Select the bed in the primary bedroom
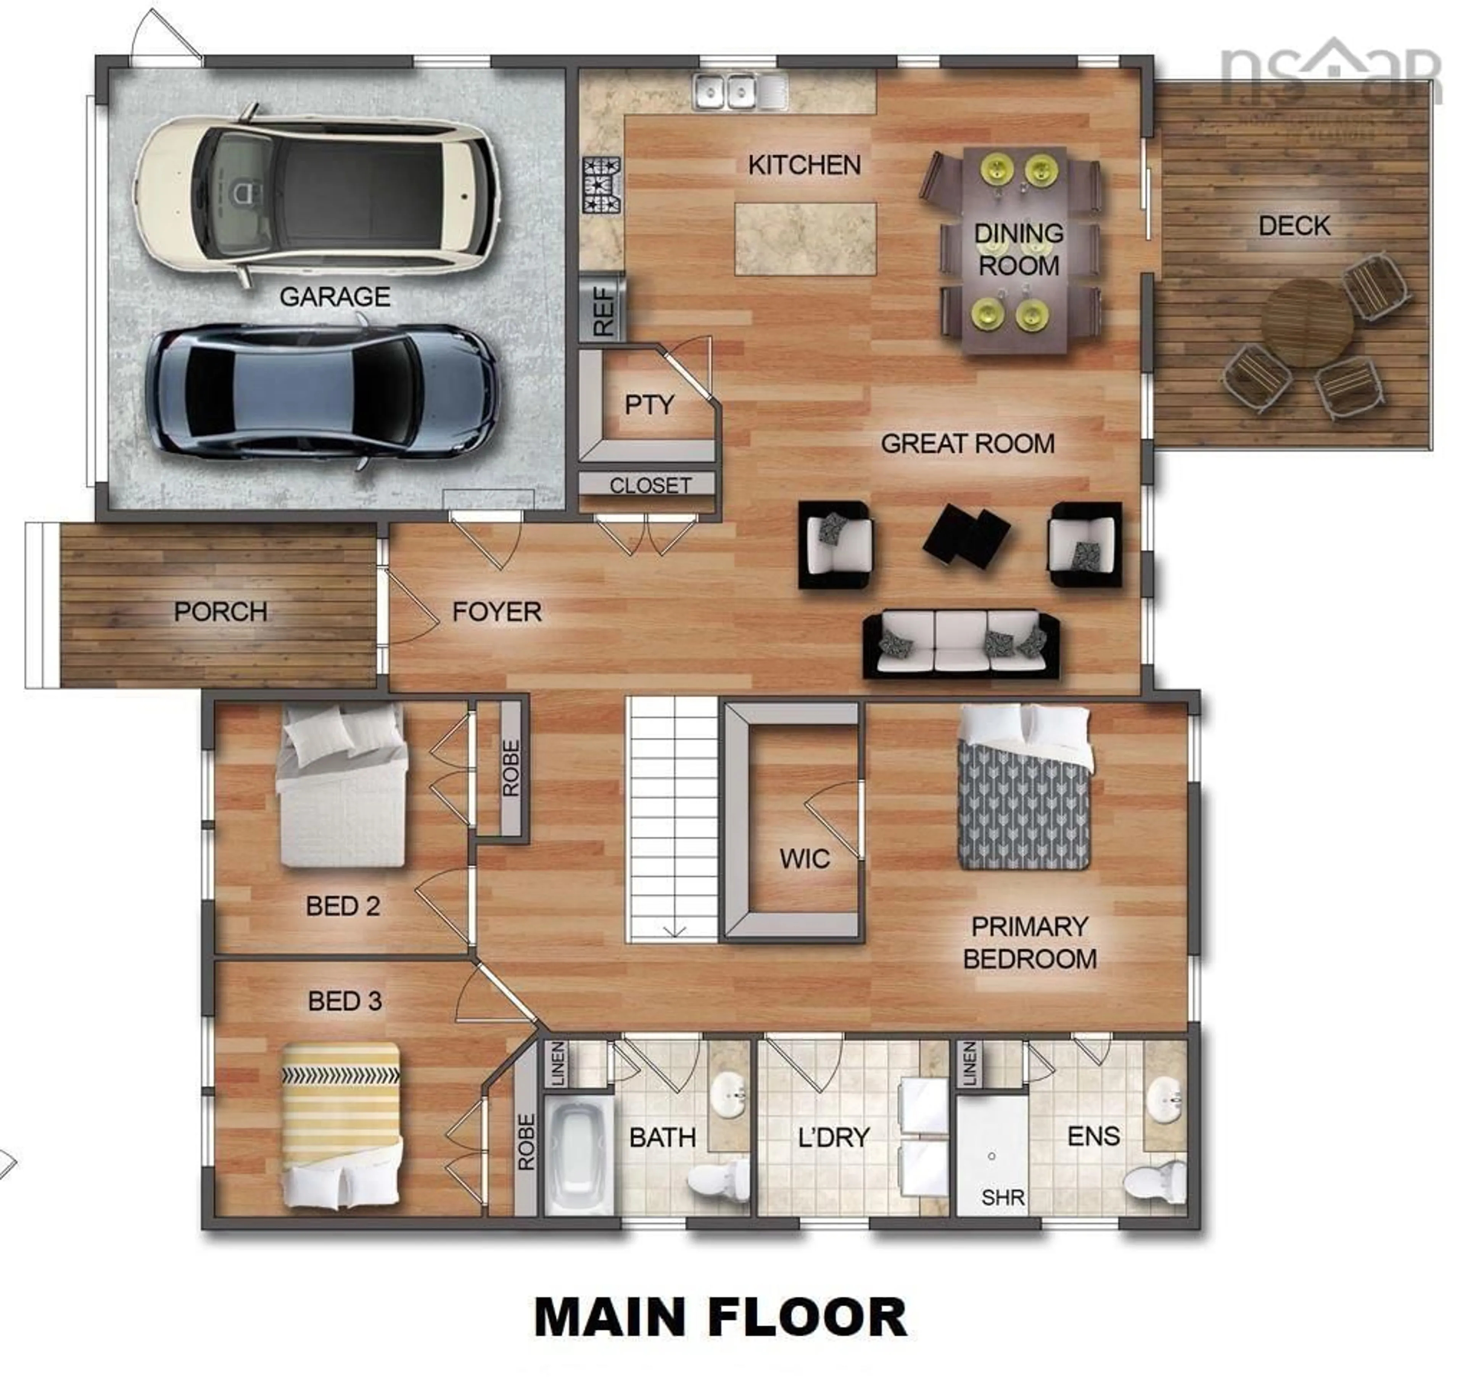tap(1023, 787)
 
